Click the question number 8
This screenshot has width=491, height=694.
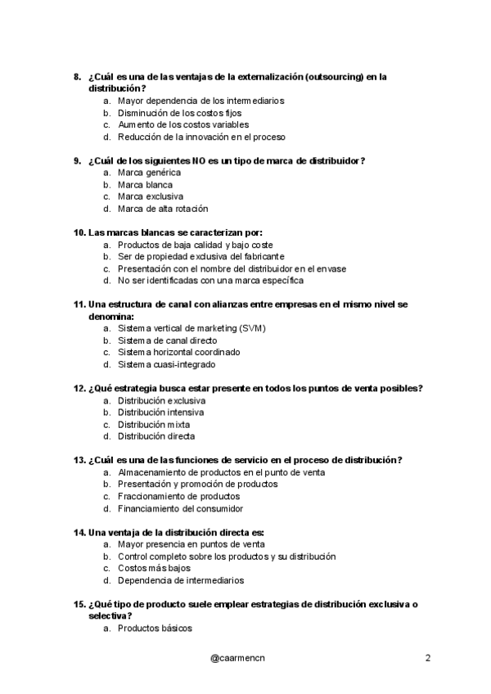click(x=77, y=77)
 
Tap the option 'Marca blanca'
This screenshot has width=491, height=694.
click(x=145, y=185)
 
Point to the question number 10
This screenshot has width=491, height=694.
click(x=79, y=232)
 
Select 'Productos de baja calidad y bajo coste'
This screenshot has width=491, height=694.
click(x=195, y=245)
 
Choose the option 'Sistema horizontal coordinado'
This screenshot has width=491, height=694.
click(x=178, y=352)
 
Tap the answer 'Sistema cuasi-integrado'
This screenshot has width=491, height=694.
click(x=166, y=364)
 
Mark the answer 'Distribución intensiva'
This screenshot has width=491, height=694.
click(x=160, y=412)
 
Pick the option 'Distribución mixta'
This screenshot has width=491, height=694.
click(x=153, y=425)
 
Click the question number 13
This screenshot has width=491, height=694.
click(x=79, y=460)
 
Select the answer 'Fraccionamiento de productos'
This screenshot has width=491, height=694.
click(x=178, y=496)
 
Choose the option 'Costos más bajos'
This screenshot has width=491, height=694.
click(x=153, y=568)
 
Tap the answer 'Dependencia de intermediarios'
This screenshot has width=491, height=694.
click(x=180, y=580)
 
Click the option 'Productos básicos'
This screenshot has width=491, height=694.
click(x=155, y=629)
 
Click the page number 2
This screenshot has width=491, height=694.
click(x=428, y=658)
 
